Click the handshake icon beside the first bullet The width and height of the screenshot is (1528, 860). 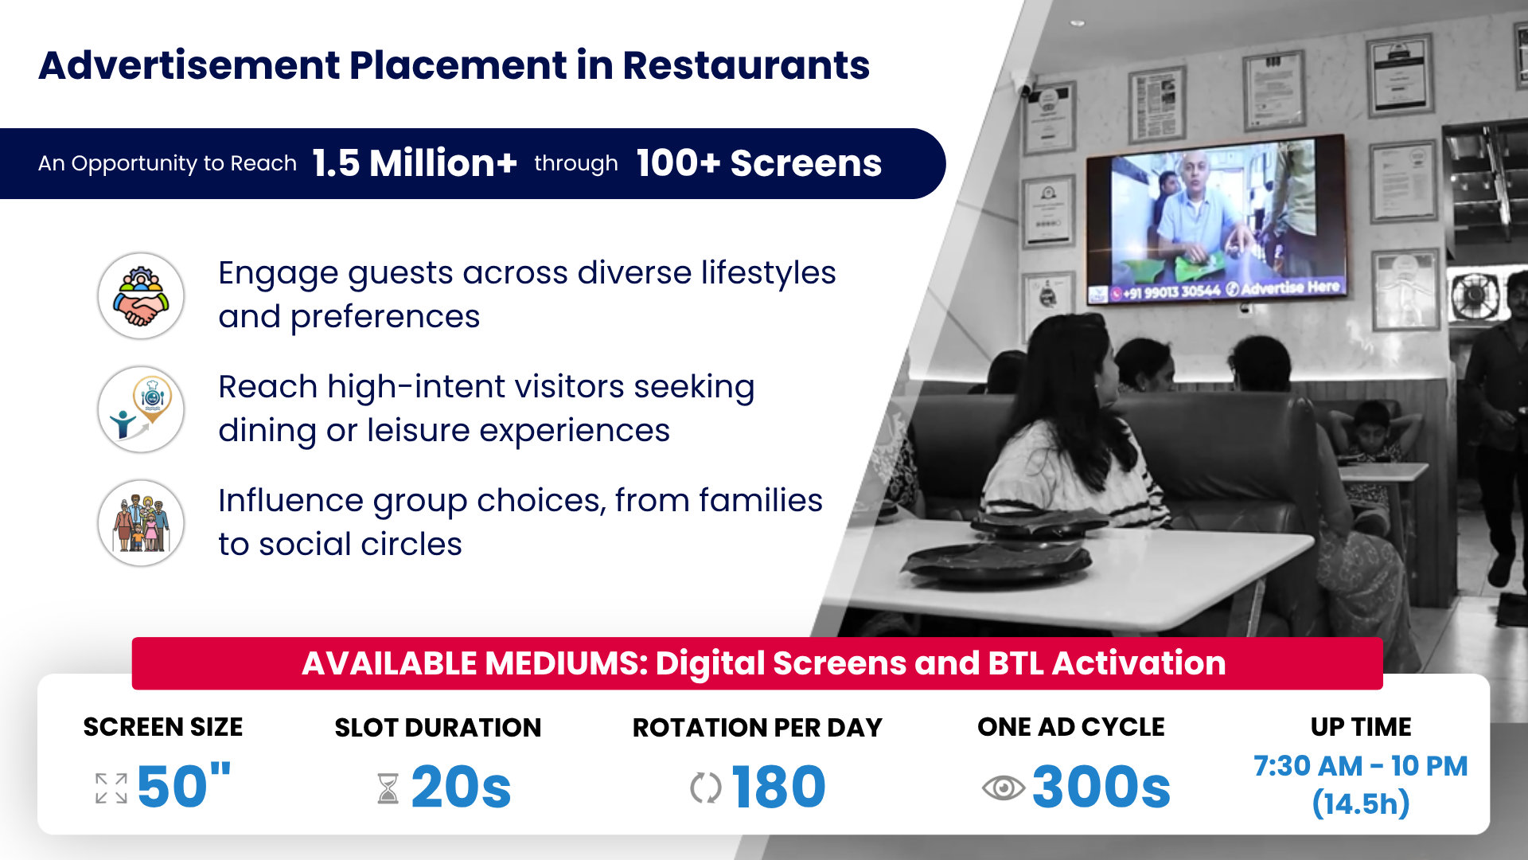[x=141, y=296]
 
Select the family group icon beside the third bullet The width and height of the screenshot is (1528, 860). [x=141, y=523]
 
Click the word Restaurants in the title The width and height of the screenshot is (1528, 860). [x=746, y=65]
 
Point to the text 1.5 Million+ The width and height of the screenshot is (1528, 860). [x=415, y=163]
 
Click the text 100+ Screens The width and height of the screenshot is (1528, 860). [x=759, y=163]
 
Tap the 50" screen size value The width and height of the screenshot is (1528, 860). [x=184, y=787]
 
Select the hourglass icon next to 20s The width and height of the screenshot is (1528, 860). [x=388, y=788]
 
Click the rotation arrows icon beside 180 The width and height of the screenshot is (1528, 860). [x=706, y=788]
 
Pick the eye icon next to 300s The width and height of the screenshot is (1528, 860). [x=1003, y=788]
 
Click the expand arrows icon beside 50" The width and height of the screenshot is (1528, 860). [x=111, y=788]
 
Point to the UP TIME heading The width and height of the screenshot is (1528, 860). [x=1361, y=727]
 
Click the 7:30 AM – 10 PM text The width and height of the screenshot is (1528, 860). [x=1361, y=766]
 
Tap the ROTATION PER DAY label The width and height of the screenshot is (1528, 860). [x=758, y=728]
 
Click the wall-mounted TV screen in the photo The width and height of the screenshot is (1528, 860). [x=1216, y=219]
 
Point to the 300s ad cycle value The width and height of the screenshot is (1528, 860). [x=1101, y=787]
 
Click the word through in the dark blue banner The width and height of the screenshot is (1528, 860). [x=576, y=164]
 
